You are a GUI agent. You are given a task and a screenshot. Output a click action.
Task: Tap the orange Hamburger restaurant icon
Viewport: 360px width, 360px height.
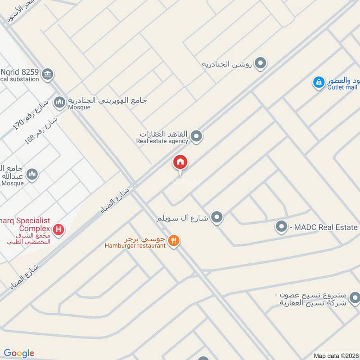tap(174, 241)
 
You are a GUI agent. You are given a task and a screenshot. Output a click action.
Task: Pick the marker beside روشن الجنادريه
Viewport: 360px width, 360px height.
tap(260, 64)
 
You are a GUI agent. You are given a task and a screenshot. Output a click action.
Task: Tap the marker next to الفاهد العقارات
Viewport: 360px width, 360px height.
tap(196, 135)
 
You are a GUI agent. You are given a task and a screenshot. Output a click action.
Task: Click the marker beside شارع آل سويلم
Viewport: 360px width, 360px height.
tap(217, 218)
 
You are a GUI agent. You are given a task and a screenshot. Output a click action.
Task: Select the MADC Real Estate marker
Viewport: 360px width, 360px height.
tap(281, 227)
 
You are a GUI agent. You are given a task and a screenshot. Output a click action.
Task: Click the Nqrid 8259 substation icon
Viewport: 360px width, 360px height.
tap(48, 73)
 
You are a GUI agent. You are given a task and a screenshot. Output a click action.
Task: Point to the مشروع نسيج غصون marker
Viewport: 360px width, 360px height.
tap(355, 297)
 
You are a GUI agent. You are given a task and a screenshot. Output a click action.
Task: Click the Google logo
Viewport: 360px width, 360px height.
tap(19, 353)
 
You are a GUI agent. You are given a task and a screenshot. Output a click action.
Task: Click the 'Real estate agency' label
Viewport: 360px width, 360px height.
tap(162, 141)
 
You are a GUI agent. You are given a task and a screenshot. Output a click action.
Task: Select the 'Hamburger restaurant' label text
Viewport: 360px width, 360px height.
tap(135, 246)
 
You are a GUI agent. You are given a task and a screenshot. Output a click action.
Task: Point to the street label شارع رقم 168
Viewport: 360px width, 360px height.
tap(42, 130)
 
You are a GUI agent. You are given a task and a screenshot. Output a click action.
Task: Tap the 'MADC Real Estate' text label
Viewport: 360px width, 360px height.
tap(324, 227)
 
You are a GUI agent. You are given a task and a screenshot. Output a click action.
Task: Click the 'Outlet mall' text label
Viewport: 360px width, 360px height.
tap(342, 87)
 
